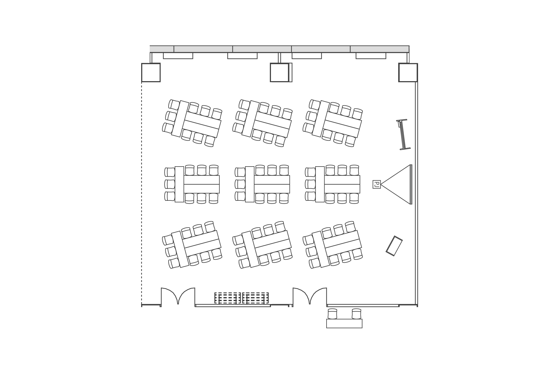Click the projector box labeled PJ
click(376, 184)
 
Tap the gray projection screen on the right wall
click(411, 184)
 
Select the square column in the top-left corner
click(151, 73)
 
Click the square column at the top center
click(279, 73)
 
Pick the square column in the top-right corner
click(408, 73)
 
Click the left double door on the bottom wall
click(178, 296)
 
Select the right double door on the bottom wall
click(310, 296)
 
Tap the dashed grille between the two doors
click(242, 298)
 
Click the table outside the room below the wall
click(344, 323)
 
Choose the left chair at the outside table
click(333, 314)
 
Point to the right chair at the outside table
click(357, 314)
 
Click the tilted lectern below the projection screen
click(394, 246)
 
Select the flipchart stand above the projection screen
click(403, 134)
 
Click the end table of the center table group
click(250, 184)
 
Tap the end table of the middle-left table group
click(179, 184)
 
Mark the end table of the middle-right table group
click(320, 184)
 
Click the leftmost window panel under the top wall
click(178, 56)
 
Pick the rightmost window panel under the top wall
click(371, 56)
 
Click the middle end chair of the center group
click(240, 184)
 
